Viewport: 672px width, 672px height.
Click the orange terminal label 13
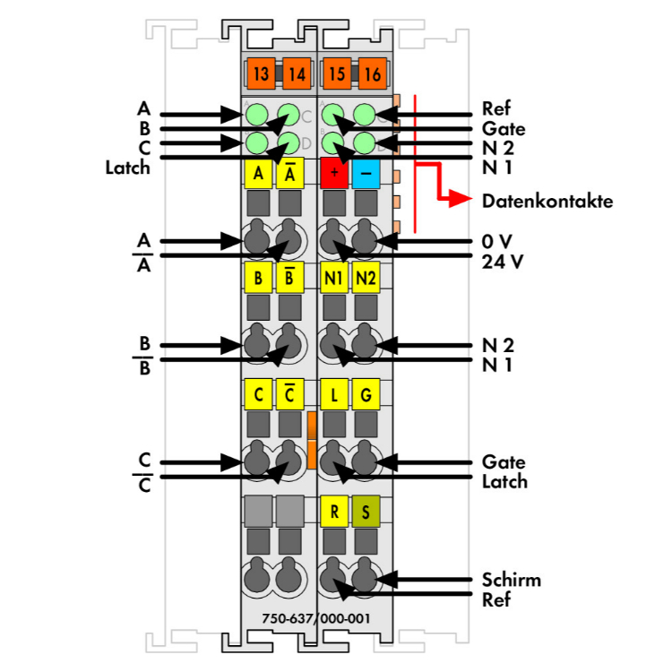261,73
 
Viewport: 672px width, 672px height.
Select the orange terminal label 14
296,73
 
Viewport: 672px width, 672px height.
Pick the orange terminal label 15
336,73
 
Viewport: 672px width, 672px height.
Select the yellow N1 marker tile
334,278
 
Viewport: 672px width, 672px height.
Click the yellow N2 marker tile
366,278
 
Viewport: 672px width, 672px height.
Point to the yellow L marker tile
334,393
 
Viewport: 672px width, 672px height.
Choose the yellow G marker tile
366,393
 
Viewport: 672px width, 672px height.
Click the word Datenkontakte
547,201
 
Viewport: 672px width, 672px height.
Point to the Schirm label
511,580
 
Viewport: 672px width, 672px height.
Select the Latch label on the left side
128,167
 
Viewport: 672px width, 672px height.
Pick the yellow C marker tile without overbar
258,393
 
